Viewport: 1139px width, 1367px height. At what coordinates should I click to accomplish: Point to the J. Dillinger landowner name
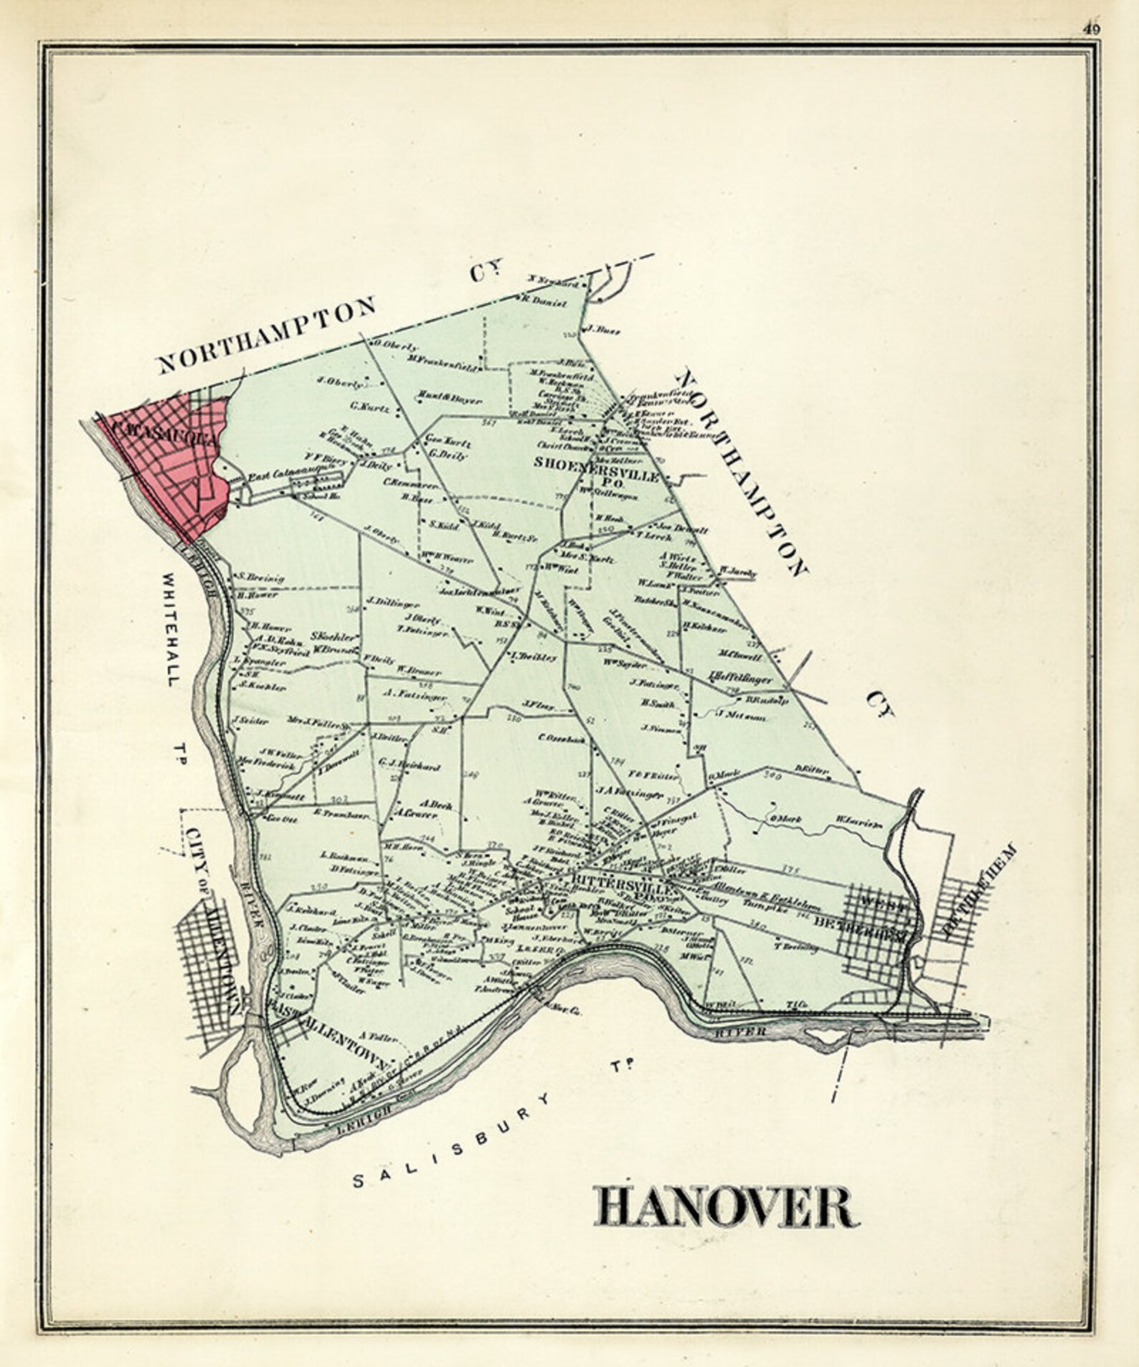pyautogui.click(x=392, y=602)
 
